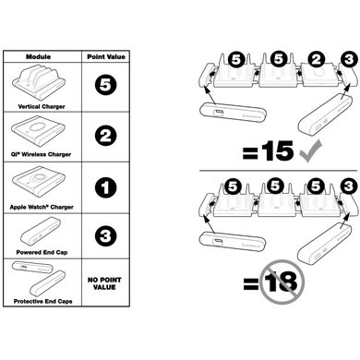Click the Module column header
coord(39,56)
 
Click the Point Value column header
coord(106,56)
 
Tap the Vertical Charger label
coord(42,106)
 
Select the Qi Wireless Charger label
coord(41,154)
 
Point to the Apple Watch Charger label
coord(42,207)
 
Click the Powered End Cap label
coord(42,252)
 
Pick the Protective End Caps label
coord(42,301)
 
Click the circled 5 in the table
coord(105,85)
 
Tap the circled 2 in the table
coord(105,136)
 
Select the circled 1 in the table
coord(105,187)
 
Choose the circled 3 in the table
coord(105,236)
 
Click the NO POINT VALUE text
coord(104,283)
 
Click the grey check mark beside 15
coord(311,150)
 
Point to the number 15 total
coord(278,151)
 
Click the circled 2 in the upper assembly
coord(317,60)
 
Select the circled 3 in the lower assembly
coord(349,186)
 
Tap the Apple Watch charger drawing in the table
coord(39,182)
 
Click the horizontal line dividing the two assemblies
coord(279,170)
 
